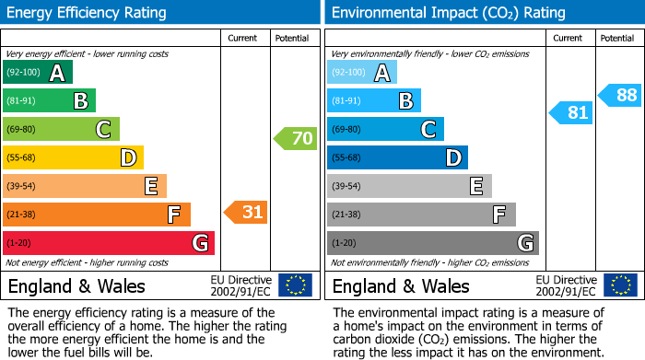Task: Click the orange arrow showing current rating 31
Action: point(245,213)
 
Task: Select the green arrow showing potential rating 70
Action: point(295,139)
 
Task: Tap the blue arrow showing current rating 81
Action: point(570,113)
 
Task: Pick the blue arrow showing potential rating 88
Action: point(619,95)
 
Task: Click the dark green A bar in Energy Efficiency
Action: point(38,73)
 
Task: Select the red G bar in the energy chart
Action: point(109,243)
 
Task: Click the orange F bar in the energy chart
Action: point(97,215)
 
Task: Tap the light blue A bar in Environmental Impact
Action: point(362,73)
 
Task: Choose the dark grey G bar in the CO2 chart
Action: point(433,243)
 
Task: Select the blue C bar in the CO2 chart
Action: point(385,129)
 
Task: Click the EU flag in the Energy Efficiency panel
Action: point(295,285)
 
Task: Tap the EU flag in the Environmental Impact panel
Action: point(619,285)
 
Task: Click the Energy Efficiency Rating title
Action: point(88,13)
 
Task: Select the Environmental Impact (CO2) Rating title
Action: point(448,13)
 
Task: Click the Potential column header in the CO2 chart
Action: point(617,38)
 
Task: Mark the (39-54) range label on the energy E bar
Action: point(23,186)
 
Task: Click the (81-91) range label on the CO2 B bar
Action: point(347,100)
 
